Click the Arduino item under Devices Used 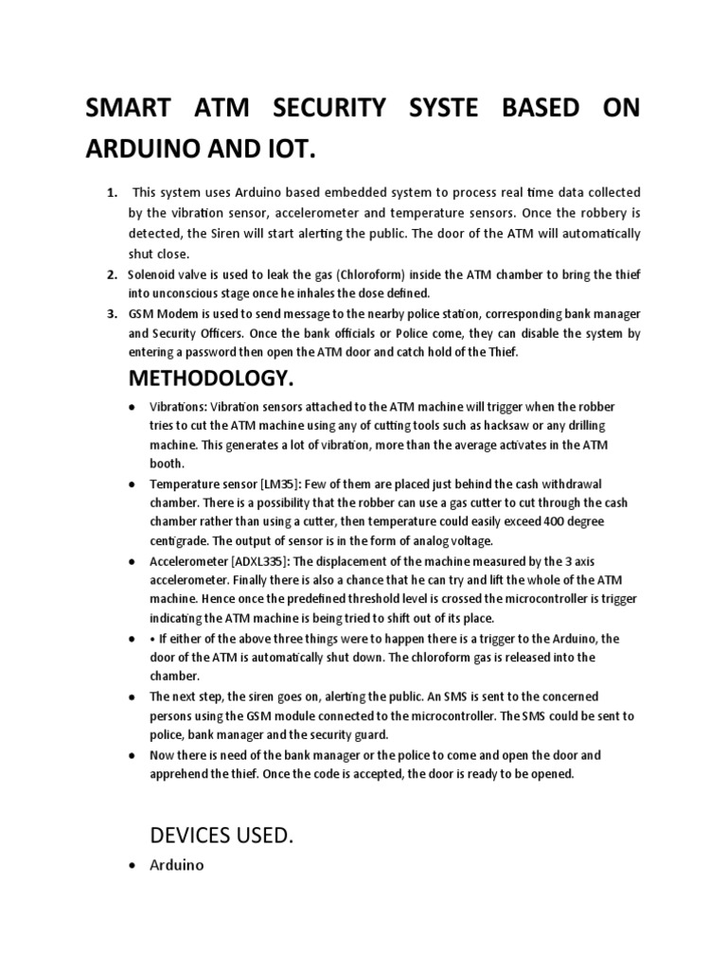point(177,865)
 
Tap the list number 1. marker point(113,193)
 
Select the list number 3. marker point(113,313)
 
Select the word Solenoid point(153,274)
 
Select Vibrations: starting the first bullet point(179,406)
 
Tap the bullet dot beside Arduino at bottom point(131,866)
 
